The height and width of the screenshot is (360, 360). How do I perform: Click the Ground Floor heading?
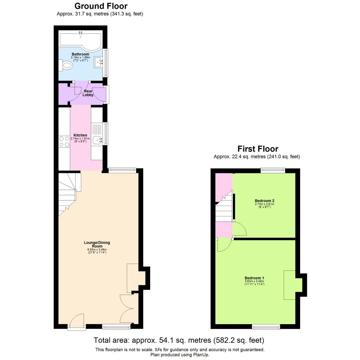[x=101, y=6]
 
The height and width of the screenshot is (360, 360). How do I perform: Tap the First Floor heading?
[x=258, y=149]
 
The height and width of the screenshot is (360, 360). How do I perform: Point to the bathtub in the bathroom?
[x=81, y=40]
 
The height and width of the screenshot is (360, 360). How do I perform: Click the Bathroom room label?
[x=80, y=54]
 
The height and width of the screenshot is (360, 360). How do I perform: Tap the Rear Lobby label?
[x=88, y=93]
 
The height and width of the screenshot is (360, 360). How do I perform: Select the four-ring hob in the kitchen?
[x=64, y=141]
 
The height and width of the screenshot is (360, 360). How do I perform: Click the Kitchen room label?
[x=80, y=135]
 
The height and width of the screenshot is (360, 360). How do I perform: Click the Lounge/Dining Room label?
[x=95, y=244]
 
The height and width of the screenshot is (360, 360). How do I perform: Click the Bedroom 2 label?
[x=264, y=201]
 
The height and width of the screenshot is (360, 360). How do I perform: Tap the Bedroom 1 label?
[x=254, y=278]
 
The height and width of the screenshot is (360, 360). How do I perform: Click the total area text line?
[x=179, y=340]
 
